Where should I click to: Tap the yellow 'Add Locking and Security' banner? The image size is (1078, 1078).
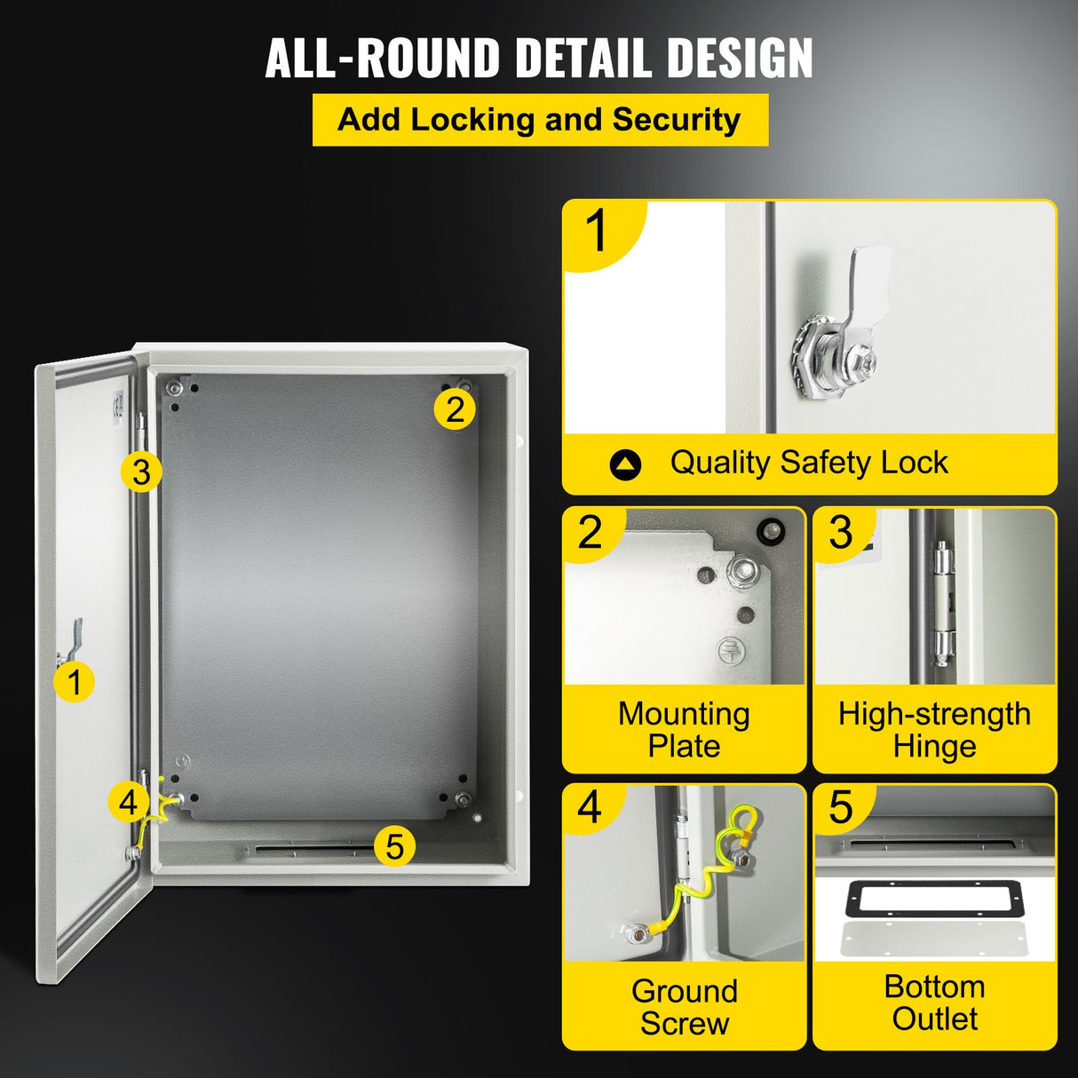[540, 120]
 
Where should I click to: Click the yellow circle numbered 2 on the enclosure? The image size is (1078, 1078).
[455, 409]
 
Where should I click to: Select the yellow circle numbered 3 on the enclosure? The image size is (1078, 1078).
[141, 472]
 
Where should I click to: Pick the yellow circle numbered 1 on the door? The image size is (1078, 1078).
[74, 682]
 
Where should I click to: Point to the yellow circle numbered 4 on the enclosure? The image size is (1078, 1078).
[129, 802]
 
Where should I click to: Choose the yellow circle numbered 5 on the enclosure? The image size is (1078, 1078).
[394, 845]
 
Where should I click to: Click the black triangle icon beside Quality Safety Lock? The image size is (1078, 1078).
[625, 464]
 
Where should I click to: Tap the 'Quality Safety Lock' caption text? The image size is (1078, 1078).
[808, 463]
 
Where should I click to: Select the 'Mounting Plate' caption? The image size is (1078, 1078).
[684, 730]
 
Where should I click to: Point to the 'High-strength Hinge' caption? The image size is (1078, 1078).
[934, 730]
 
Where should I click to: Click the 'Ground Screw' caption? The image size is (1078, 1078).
[684, 1006]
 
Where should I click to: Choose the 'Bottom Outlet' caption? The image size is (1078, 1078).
[934, 1003]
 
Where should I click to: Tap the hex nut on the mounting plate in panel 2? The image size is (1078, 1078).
[740, 569]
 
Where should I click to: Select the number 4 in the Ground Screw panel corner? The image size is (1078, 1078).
[590, 808]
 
